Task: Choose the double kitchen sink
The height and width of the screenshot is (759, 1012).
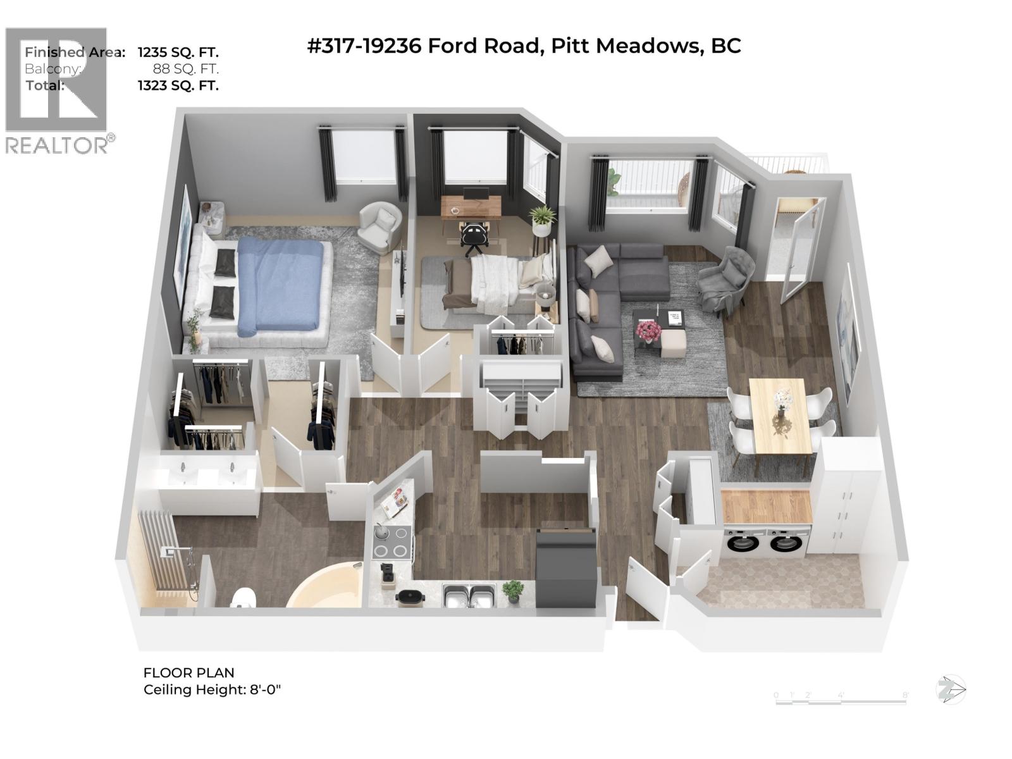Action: (x=468, y=595)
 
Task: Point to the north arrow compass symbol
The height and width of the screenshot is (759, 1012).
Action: (x=951, y=689)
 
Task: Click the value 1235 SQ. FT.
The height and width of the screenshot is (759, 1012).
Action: (x=178, y=52)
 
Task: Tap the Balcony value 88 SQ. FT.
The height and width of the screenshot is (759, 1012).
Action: (x=185, y=69)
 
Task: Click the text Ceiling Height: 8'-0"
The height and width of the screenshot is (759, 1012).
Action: (x=212, y=689)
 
